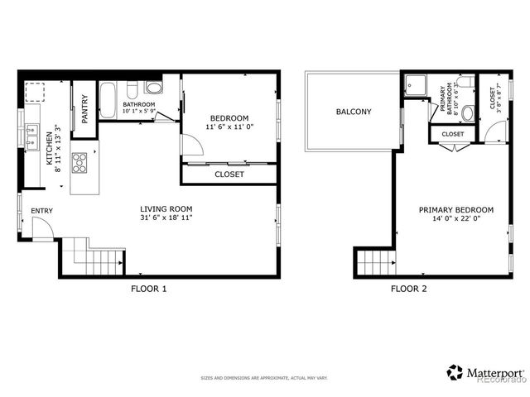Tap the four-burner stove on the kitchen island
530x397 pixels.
(80, 161)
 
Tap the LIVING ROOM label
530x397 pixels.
(166, 208)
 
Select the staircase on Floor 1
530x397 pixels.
(86, 256)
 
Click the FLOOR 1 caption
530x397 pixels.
(149, 289)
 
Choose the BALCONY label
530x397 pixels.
(354, 112)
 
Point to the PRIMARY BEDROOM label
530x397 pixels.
(455, 209)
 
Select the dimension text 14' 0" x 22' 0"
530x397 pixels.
(455, 219)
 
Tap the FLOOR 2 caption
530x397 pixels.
(408, 289)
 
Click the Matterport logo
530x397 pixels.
(484, 373)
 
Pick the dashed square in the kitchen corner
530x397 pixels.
(35, 92)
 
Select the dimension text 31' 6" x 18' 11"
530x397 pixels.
(166, 218)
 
